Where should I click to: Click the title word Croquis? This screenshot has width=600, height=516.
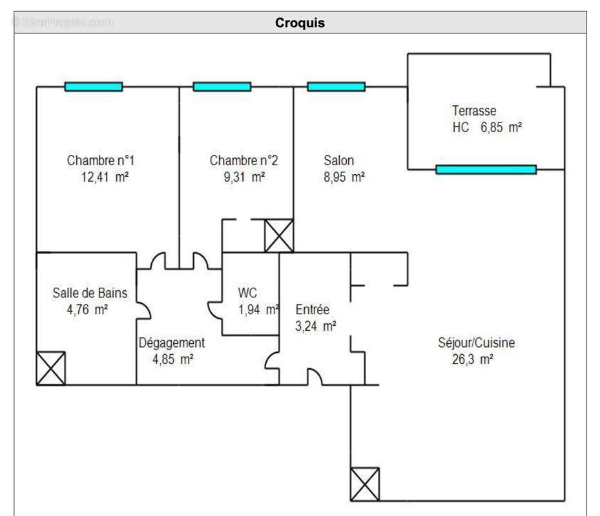point(300,23)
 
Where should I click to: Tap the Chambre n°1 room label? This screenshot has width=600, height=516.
point(101,161)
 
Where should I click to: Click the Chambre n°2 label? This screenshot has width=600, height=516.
point(243,161)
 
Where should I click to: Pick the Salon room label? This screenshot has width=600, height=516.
point(338,161)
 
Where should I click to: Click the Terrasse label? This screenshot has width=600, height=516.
point(474,111)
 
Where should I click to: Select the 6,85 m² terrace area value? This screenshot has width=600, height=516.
point(501,128)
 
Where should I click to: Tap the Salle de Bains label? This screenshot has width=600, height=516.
point(90,293)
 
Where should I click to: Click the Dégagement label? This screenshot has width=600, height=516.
point(172,343)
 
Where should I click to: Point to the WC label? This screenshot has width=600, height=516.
point(247,293)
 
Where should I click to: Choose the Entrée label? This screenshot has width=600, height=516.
point(313,310)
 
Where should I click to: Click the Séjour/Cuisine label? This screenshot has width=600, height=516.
point(476,343)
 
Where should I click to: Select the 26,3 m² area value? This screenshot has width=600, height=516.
point(473,360)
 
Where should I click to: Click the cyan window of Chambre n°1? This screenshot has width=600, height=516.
point(93,86)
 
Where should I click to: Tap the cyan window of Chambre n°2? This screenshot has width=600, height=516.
point(222,86)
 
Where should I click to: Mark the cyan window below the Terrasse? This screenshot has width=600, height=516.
point(486,170)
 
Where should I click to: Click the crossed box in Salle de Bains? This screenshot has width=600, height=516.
point(51,368)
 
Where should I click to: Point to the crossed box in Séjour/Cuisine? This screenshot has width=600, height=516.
point(365,484)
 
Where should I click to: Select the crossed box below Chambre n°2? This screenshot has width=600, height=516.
point(279,235)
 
